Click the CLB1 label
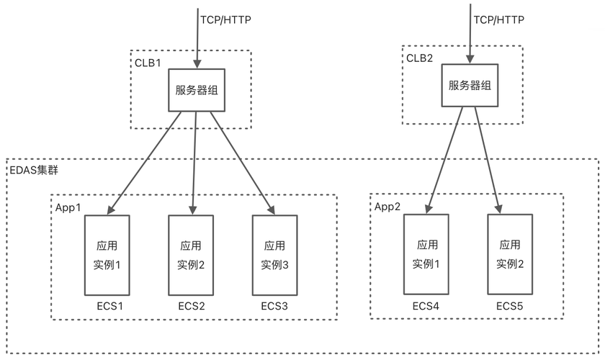tap(148, 62)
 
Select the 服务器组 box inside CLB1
tap(197, 90)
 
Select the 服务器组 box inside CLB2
tap(470, 86)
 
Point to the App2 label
tap(388, 206)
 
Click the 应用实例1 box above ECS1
tap(107, 255)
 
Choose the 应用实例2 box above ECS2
tap(192, 255)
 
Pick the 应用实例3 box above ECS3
tap(275, 255)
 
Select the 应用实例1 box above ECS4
tap(426, 255)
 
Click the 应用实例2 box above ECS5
tap(510, 255)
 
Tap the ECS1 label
tap(110, 306)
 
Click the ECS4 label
tap(426, 306)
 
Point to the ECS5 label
tap(510, 306)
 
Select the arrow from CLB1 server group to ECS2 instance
tap(195, 162)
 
